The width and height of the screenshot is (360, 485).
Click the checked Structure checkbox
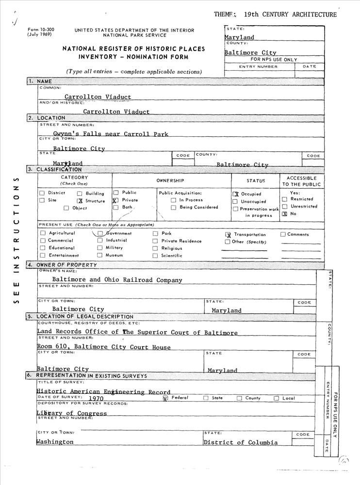pyautogui.click(x=80, y=201)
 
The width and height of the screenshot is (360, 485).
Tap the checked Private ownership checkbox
pyautogui.click(x=115, y=200)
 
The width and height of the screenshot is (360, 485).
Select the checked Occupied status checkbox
pyautogui.click(x=236, y=194)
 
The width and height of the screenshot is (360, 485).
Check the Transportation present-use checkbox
pyautogui.click(x=228, y=235)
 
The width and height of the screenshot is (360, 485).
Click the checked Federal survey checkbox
pyautogui.click(x=165, y=398)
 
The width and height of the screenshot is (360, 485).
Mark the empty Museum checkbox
pyautogui.click(x=100, y=255)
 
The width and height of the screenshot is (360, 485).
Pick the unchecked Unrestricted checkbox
pyautogui.click(x=285, y=207)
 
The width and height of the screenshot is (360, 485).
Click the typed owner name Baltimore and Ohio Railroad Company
pyautogui.click(x=117, y=280)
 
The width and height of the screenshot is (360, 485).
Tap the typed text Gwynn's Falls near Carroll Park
pyautogui.click(x=111, y=134)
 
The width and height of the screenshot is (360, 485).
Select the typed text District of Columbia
pyautogui.click(x=241, y=442)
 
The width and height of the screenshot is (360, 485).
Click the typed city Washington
pyautogui.click(x=55, y=442)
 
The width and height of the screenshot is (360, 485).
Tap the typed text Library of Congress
pyautogui.click(x=72, y=413)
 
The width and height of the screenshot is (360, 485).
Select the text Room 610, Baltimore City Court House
pyautogui.click(x=104, y=347)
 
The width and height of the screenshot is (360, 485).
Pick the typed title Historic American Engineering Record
pyautogui.click(x=103, y=391)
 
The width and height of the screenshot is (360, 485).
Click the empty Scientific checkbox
pyautogui.click(x=155, y=256)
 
